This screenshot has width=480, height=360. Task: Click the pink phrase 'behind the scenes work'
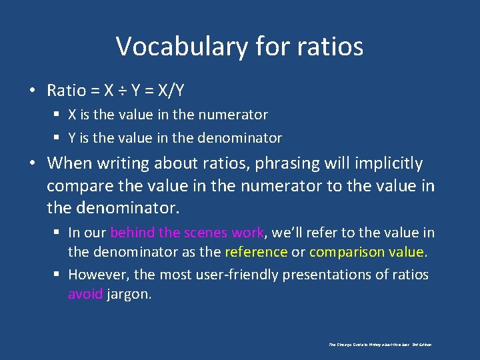[x=187, y=233]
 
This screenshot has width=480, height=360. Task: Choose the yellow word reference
[x=256, y=252]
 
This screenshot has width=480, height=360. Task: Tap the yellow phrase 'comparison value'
[x=367, y=252]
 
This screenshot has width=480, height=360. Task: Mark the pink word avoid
[x=85, y=294]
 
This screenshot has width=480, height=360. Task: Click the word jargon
[x=129, y=294]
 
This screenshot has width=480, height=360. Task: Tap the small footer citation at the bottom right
[x=380, y=345]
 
